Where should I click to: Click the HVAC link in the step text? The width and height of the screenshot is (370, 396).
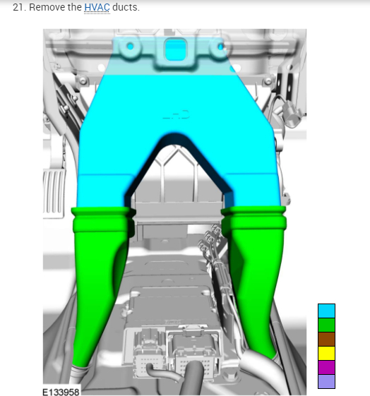[97, 7]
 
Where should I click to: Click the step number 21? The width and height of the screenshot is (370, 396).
[20, 7]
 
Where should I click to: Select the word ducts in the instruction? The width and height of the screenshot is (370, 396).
[126, 7]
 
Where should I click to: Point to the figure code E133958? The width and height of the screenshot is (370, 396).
[61, 392]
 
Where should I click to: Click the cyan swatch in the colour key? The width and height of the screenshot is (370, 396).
[326, 311]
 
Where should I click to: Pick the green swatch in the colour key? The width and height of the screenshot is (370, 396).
[326, 325]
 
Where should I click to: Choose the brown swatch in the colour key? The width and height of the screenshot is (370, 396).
[326, 339]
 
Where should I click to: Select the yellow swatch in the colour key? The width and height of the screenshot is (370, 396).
[326, 354]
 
